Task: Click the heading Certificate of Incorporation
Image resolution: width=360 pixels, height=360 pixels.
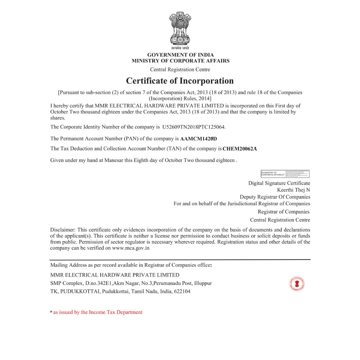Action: pos(180,81)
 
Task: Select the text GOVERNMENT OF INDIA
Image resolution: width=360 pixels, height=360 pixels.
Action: pos(180,55)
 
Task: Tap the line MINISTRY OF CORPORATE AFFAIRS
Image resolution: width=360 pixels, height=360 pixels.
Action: pos(180,61)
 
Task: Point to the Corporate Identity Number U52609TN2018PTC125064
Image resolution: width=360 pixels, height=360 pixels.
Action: pos(194,127)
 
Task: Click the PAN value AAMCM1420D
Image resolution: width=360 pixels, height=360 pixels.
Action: pos(198,139)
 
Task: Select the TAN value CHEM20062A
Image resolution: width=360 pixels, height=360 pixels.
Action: pos(240,149)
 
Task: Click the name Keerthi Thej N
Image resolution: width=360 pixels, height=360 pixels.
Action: pos(293,190)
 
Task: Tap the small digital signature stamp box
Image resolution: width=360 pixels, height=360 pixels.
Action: pos(285,174)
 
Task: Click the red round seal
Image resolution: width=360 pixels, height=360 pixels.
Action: pos(297,284)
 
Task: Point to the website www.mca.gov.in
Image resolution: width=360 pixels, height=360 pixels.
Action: pos(131,248)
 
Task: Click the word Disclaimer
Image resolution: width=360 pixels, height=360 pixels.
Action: pos(63,230)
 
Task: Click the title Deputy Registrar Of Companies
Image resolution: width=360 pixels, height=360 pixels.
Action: pos(275,197)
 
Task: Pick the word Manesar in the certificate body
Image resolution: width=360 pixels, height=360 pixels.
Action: pos(114,160)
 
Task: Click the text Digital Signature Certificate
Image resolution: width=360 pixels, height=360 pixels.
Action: pos(279,183)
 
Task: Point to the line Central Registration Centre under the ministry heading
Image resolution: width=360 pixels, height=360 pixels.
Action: pos(180,70)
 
